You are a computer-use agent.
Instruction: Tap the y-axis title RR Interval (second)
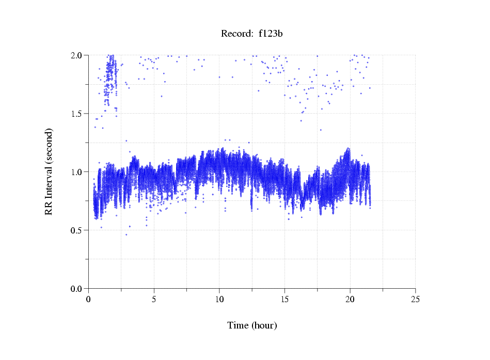[49, 171]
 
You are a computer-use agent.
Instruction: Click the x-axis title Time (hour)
[252, 325]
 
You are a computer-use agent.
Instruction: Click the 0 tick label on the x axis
[88, 299]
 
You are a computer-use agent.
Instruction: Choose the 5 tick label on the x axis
[154, 299]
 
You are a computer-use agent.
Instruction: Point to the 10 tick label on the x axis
[219, 299]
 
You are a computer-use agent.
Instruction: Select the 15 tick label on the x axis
[284, 299]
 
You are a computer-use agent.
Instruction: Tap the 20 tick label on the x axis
[350, 299]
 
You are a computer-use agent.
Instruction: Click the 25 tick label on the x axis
[415, 299]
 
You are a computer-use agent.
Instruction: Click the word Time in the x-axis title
[239, 325]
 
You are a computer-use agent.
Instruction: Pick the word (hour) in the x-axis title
[264, 325]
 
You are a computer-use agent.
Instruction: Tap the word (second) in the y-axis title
[49, 145]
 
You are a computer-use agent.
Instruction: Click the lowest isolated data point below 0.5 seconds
[126, 234]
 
